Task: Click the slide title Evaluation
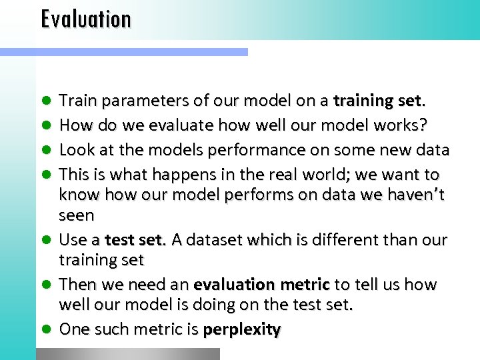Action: [86, 19]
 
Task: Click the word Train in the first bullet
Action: [76, 101]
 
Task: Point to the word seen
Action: [77, 215]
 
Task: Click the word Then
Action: [77, 285]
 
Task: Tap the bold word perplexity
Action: [242, 330]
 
